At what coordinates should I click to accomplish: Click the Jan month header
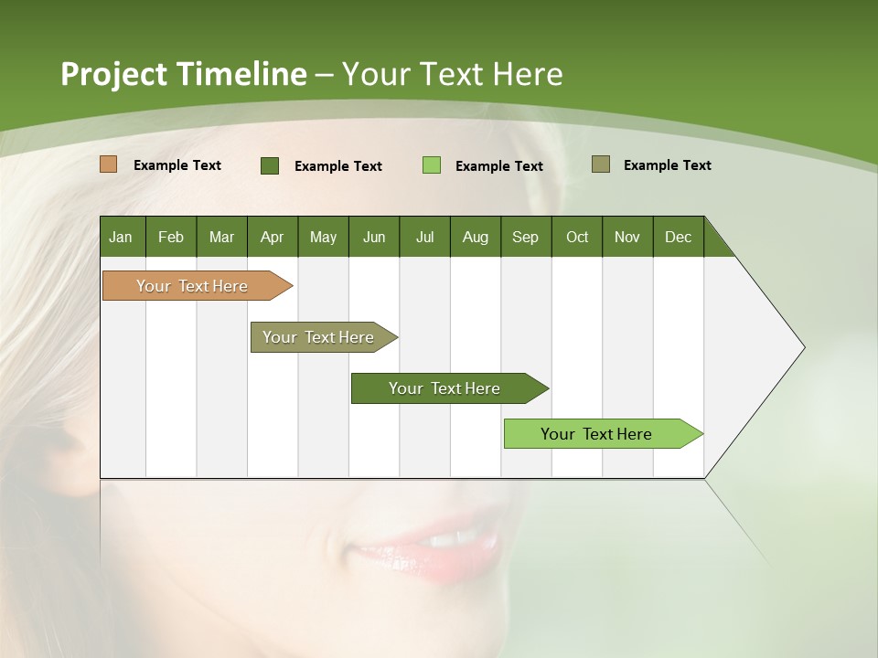coord(121,237)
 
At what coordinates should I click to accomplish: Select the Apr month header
coord(272,237)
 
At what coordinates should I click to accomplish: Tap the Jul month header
coord(424,237)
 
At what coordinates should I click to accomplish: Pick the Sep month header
coord(525,237)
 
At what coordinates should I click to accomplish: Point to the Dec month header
coord(678,237)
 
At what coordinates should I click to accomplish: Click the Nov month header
coord(626,237)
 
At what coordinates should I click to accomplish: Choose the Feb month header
coord(171,237)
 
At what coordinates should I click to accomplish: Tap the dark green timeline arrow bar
coord(445,388)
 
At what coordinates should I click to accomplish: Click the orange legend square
coord(108,164)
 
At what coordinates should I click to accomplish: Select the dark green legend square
coord(270,165)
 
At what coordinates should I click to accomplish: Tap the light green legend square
coord(432,165)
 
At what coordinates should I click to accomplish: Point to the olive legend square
coord(601,164)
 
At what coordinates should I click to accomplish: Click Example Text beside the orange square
coord(177,165)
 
